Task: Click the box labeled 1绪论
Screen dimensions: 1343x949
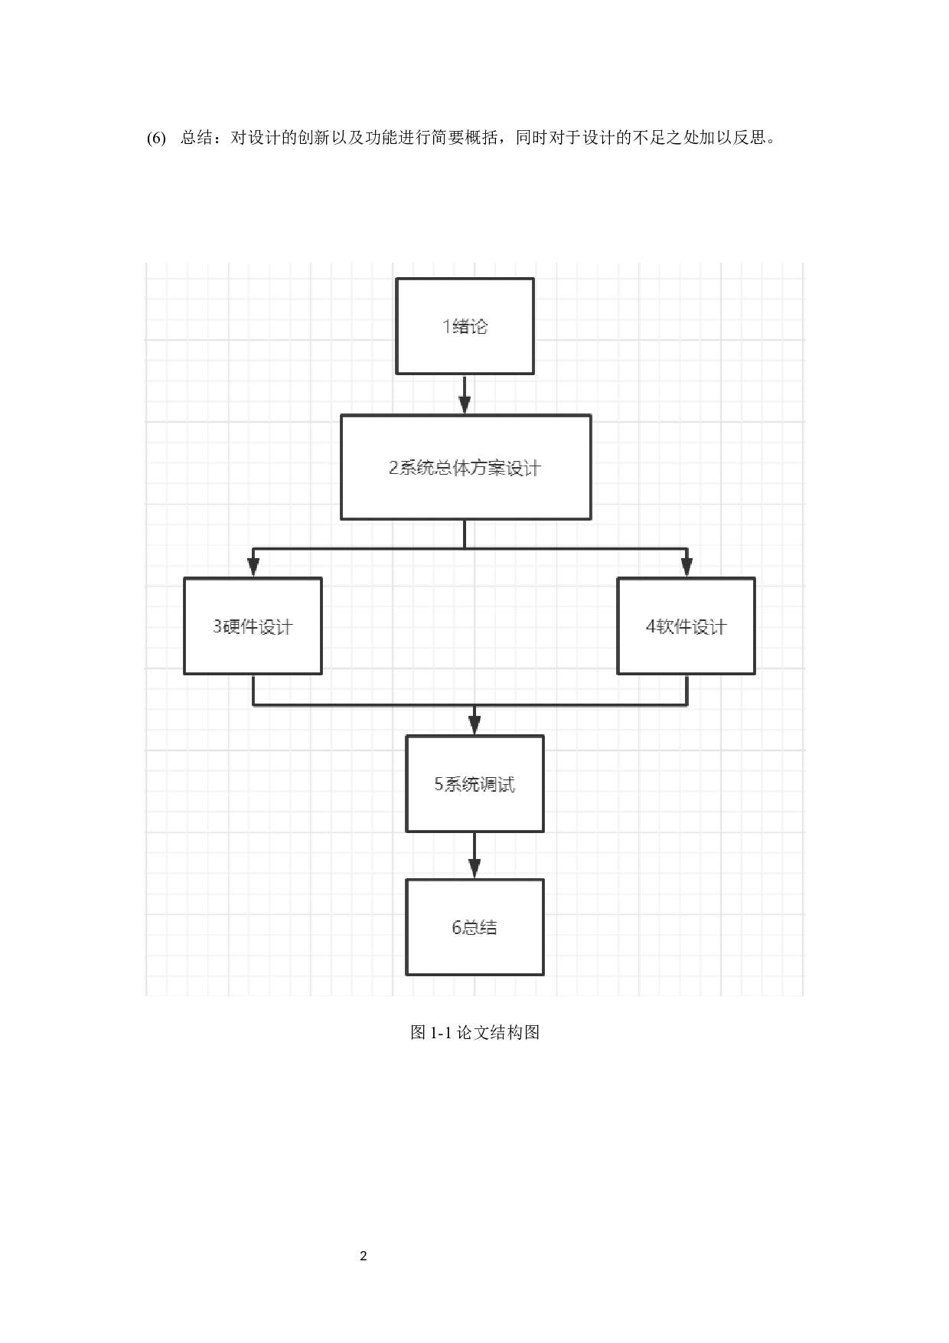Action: (x=465, y=326)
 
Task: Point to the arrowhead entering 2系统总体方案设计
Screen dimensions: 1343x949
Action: (x=465, y=405)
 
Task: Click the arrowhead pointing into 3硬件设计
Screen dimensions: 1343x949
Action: (x=253, y=567)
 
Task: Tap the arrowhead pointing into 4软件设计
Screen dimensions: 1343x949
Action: (x=686, y=567)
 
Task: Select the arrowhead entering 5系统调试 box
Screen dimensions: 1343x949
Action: (x=475, y=725)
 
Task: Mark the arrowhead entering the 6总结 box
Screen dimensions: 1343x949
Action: (x=475, y=868)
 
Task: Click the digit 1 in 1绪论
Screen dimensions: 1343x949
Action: (x=446, y=327)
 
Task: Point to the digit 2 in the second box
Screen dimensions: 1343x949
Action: (x=393, y=468)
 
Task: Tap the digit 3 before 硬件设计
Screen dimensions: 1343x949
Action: (x=217, y=626)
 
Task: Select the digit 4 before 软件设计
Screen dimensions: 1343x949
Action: (x=651, y=626)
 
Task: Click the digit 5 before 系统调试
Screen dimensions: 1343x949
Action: (x=439, y=784)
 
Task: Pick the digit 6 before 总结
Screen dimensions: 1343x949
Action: (x=456, y=928)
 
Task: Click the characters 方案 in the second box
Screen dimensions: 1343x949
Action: (x=486, y=468)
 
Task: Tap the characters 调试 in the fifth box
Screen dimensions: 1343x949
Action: (x=497, y=784)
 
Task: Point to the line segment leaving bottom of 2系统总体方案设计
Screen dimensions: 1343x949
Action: (x=465, y=534)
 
